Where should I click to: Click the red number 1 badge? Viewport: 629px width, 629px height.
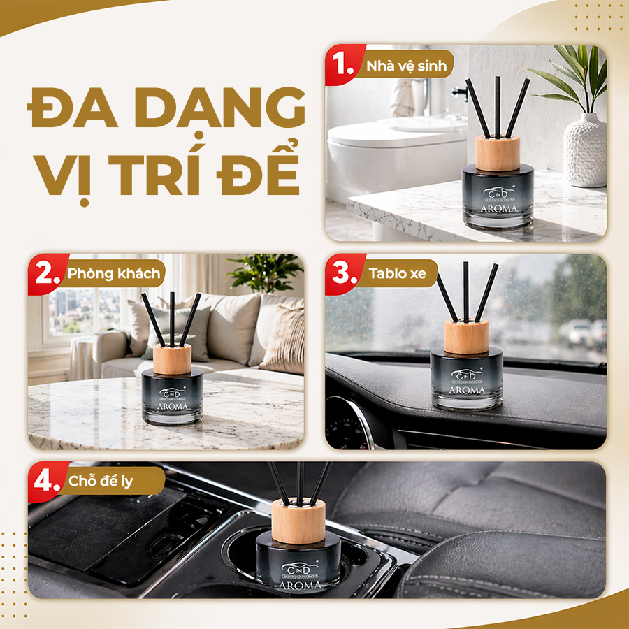coord(344,65)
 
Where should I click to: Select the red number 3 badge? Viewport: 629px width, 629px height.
coord(343,273)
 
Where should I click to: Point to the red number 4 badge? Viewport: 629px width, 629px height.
coord(46,481)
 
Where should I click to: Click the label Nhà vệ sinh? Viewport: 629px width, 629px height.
coord(410,66)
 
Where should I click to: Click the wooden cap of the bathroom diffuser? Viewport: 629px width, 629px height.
coord(498,153)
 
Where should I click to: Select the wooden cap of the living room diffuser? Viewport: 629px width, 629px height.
coord(172,358)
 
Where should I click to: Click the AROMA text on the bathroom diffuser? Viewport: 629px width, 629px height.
coord(498,208)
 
